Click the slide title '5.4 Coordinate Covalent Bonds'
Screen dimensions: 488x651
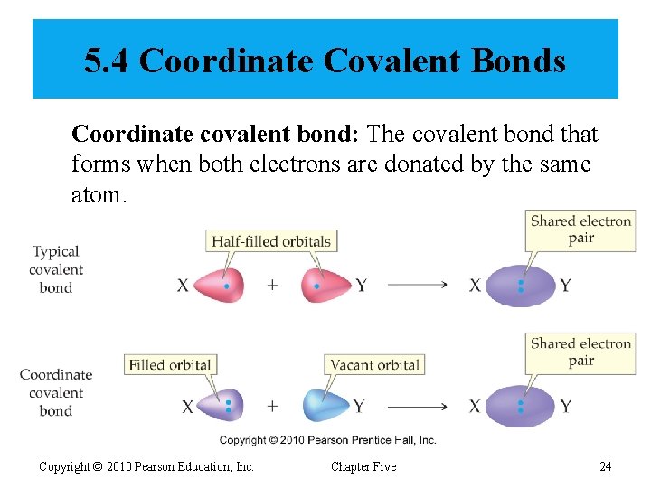(325, 61)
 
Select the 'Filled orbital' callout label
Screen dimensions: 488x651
(170, 365)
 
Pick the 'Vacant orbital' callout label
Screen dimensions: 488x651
(374, 365)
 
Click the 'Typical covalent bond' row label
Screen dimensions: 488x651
(56, 269)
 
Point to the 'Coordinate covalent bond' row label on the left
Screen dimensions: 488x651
(56, 392)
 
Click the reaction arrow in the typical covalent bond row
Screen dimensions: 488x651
(417, 286)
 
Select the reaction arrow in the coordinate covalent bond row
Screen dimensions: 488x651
(417, 407)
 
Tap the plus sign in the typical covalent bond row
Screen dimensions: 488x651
(272, 286)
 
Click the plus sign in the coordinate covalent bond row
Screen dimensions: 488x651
(272, 407)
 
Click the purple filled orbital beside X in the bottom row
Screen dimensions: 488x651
(222, 406)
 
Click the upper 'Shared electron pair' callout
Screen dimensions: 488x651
(580, 230)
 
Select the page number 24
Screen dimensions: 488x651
(606, 466)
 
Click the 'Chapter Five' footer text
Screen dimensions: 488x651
(363, 466)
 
